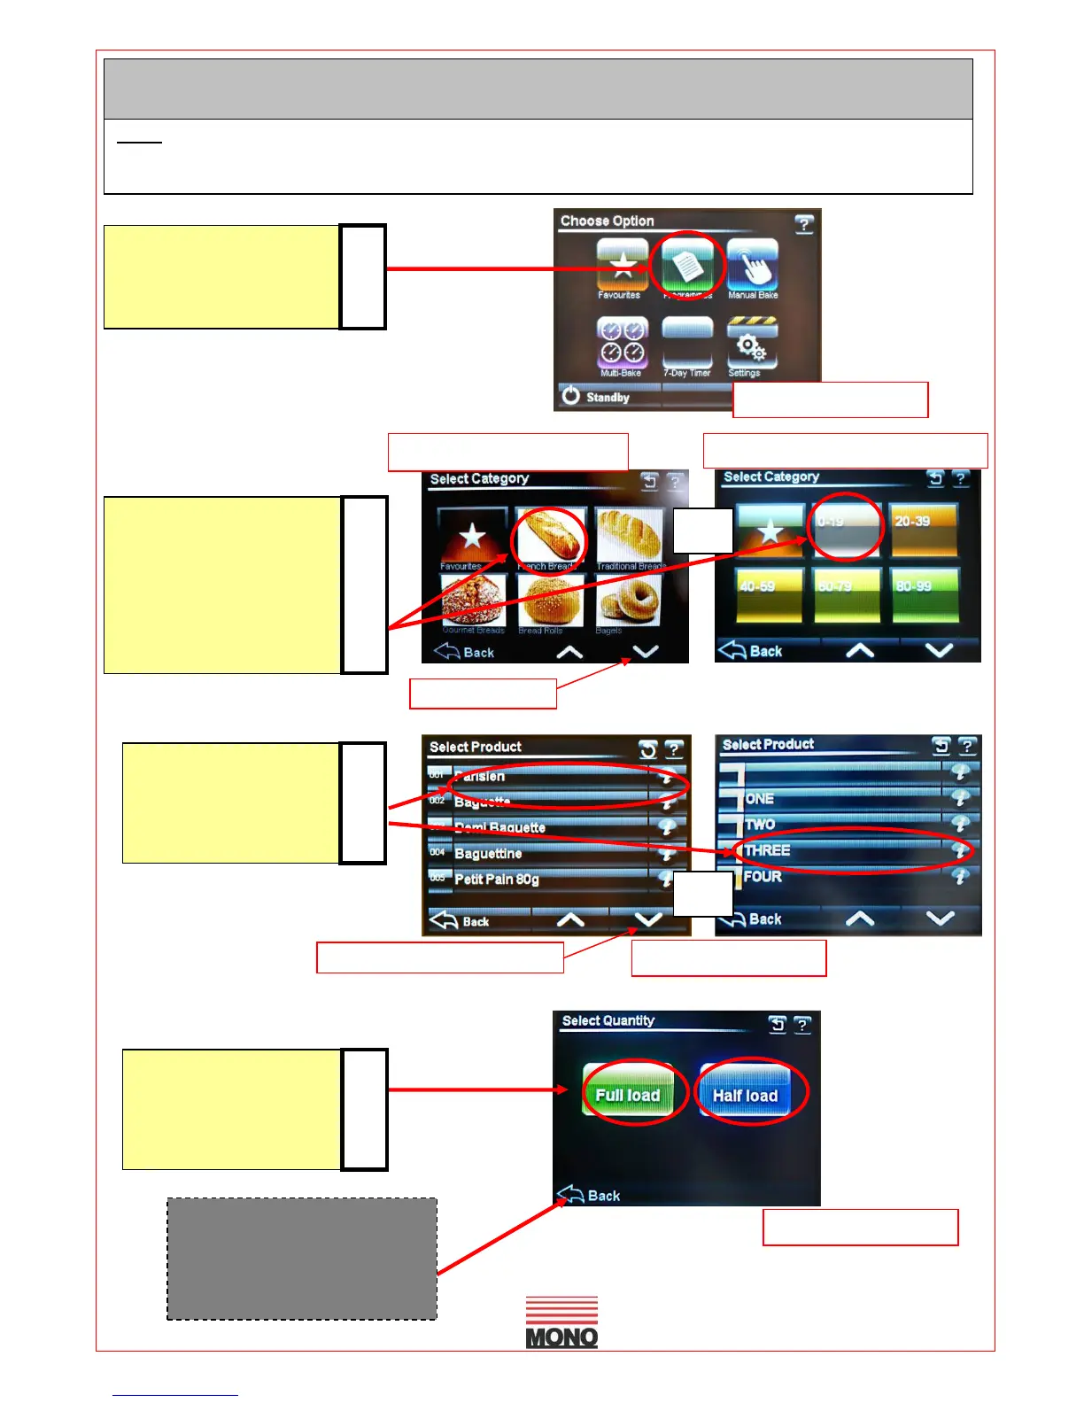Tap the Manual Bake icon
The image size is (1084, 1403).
click(x=752, y=267)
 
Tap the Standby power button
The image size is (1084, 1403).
click(x=596, y=397)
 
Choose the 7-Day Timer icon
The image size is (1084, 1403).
click(x=687, y=342)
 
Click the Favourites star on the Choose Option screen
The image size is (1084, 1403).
click(x=622, y=267)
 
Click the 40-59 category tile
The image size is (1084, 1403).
click(x=770, y=594)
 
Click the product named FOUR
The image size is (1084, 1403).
click(x=841, y=877)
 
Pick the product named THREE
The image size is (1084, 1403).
click(x=841, y=850)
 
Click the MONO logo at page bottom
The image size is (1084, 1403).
click(x=561, y=1322)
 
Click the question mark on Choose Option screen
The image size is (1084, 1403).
click(x=803, y=224)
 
